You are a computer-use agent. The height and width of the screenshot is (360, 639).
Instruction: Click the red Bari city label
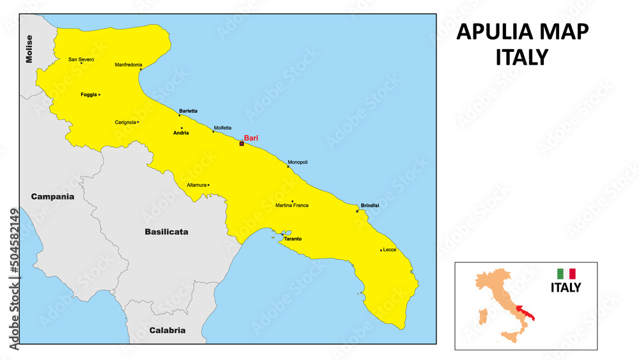pyautogui.click(x=251, y=137)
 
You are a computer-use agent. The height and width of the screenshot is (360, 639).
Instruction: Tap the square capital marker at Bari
pyautogui.click(x=242, y=144)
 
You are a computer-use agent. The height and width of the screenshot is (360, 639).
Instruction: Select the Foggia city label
pyautogui.click(x=89, y=95)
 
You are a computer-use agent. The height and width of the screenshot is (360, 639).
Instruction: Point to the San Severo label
pyautogui.click(x=81, y=59)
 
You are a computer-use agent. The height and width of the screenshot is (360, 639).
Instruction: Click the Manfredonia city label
pyautogui.click(x=128, y=65)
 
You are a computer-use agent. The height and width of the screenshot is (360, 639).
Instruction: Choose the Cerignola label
pyautogui.click(x=125, y=122)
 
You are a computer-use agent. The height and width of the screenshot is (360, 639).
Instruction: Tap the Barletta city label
pyautogui.click(x=189, y=111)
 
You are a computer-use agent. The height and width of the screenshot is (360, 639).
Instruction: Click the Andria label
pyautogui.click(x=181, y=133)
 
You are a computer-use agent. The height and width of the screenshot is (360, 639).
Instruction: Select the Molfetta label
pyautogui.click(x=223, y=127)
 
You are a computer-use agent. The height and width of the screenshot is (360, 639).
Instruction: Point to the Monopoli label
pyautogui.click(x=298, y=162)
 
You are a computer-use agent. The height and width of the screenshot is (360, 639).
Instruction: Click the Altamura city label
pyautogui.click(x=196, y=185)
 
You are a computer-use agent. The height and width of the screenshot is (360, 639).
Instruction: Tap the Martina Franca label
pyautogui.click(x=292, y=205)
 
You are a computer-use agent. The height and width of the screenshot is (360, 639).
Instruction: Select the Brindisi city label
pyautogui.click(x=370, y=205)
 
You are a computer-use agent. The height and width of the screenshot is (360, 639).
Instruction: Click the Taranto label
pyautogui.click(x=293, y=239)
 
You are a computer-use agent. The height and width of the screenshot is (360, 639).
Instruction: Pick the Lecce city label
pyautogui.click(x=390, y=249)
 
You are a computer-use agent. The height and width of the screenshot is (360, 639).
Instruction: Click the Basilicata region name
pyautogui.click(x=166, y=232)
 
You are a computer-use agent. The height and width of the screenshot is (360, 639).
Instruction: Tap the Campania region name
pyautogui.click(x=52, y=197)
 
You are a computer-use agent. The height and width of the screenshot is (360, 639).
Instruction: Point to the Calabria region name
pyautogui.click(x=167, y=331)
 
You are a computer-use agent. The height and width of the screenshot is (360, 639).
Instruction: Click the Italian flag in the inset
pyautogui.click(x=566, y=274)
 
